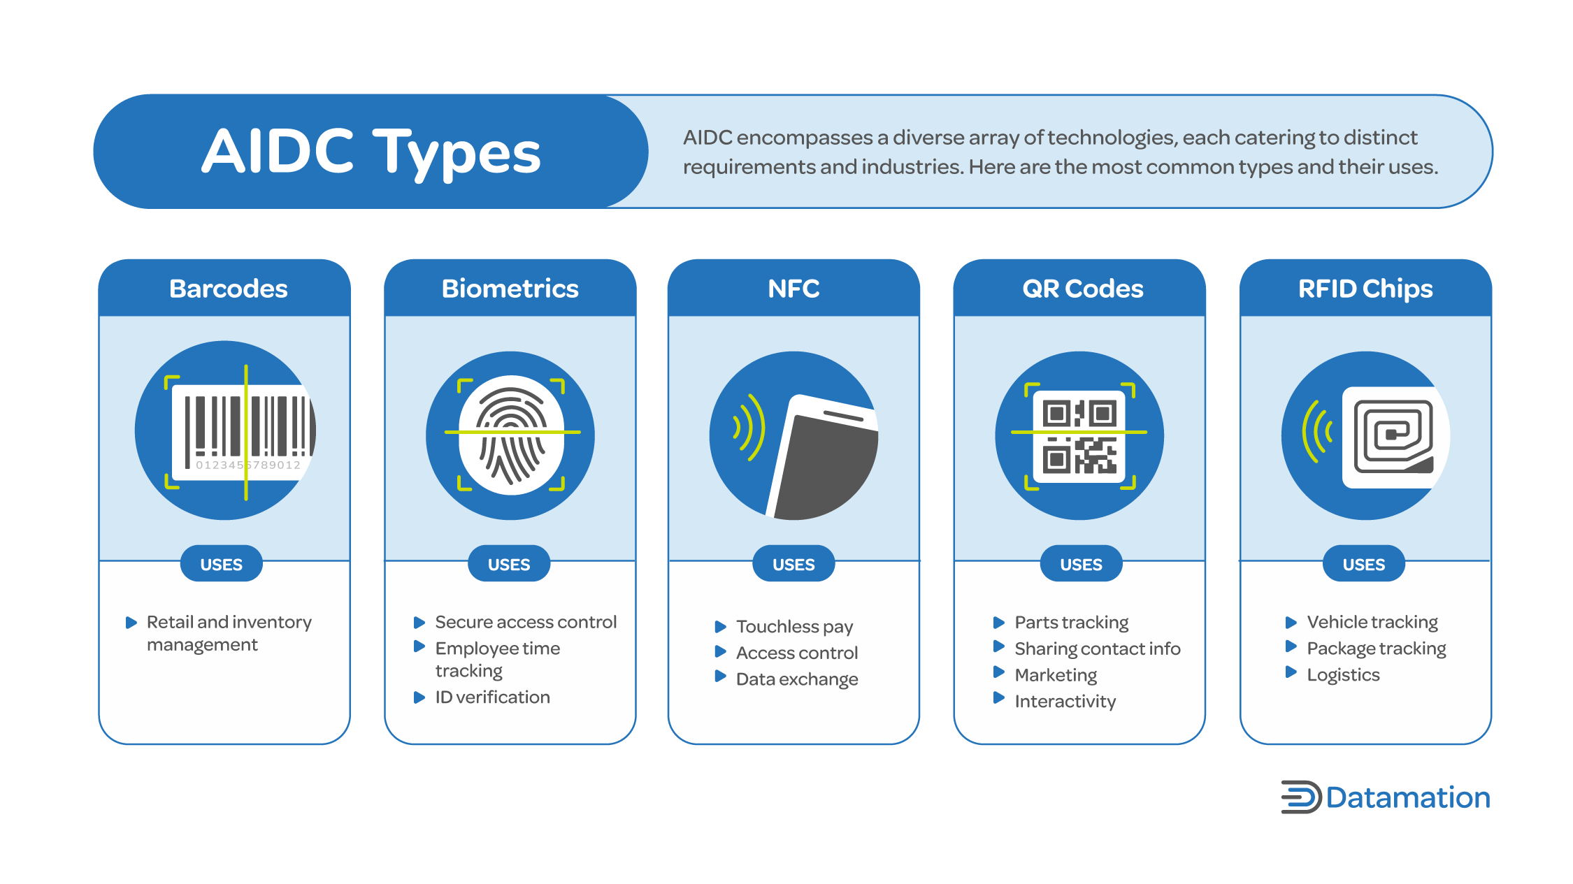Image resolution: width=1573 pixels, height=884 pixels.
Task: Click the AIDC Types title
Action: pyautogui.click(x=371, y=152)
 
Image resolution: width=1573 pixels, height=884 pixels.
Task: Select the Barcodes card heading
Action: pyautogui.click(x=228, y=289)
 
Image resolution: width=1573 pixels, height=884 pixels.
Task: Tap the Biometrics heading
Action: pyautogui.click(x=510, y=289)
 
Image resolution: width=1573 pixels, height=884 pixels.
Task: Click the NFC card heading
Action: pyautogui.click(x=793, y=289)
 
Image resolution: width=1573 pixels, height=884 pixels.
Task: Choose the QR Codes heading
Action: pyautogui.click(x=1082, y=289)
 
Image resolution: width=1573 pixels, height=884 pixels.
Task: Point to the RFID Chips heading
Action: pyautogui.click(x=1365, y=289)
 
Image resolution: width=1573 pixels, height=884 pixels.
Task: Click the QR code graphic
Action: pyautogui.click(x=1079, y=436)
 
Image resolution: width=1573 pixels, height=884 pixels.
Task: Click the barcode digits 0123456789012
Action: pyautogui.click(x=247, y=465)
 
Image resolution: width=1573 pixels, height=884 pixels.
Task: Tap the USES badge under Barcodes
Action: pyautogui.click(x=221, y=564)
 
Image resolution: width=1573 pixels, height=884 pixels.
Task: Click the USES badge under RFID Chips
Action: pyautogui.click(x=1363, y=564)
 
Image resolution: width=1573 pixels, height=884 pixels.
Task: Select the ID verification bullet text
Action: pyautogui.click(x=492, y=697)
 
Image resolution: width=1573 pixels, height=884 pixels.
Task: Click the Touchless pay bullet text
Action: pyautogui.click(x=794, y=626)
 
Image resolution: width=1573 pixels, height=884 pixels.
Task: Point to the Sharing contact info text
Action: pyautogui.click(x=1097, y=648)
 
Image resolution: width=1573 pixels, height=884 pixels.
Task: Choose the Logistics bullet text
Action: pyautogui.click(x=1343, y=674)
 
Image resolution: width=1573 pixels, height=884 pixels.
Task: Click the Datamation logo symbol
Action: pyautogui.click(x=1300, y=797)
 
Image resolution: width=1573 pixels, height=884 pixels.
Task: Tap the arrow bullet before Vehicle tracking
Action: pyautogui.click(x=1291, y=622)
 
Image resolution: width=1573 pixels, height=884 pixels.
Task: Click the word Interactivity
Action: pyautogui.click(x=1065, y=701)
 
